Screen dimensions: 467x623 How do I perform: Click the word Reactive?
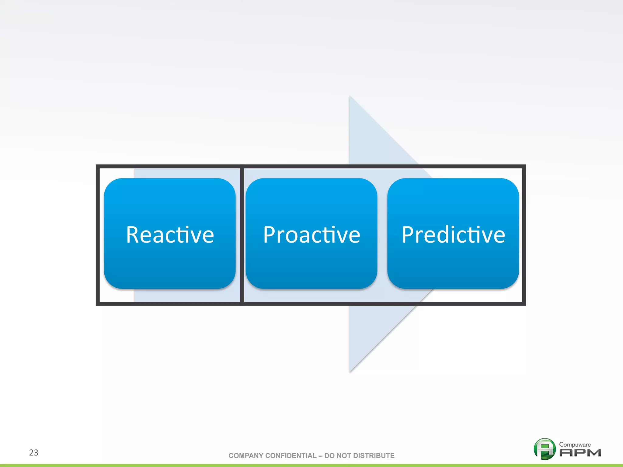(x=170, y=235)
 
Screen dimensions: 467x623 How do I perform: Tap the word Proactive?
(x=311, y=235)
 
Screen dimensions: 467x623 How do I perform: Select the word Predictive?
(x=453, y=235)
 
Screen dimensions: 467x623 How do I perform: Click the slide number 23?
(x=33, y=452)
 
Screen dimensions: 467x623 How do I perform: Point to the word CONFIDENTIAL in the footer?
(x=291, y=455)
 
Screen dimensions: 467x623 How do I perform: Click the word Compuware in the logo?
(x=575, y=445)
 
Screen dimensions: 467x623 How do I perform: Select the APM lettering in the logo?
(x=580, y=453)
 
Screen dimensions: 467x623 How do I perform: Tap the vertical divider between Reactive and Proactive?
(x=242, y=235)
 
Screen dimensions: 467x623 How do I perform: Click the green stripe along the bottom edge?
(x=311, y=465)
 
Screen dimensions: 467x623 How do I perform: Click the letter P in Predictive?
(x=409, y=235)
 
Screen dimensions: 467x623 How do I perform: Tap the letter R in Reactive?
(x=133, y=235)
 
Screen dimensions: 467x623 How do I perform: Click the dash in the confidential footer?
(x=320, y=455)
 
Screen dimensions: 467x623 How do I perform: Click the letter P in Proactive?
(x=270, y=235)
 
